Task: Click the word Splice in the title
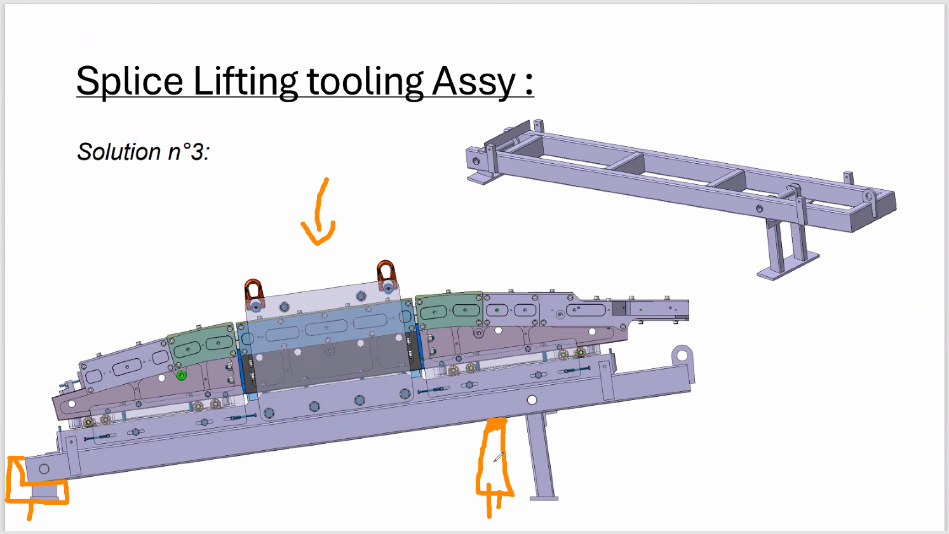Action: pyautogui.click(x=130, y=81)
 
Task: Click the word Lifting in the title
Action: pyautogui.click(x=245, y=81)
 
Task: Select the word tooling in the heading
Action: pyautogui.click(x=365, y=81)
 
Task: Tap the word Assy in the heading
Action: pyautogui.click(x=474, y=81)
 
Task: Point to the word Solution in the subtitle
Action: pyautogui.click(x=119, y=152)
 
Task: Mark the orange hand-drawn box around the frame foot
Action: pyautogui.click(x=37, y=481)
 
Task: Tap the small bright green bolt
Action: pyautogui.click(x=182, y=375)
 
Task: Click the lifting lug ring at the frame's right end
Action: pyautogui.click(x=682, y=354)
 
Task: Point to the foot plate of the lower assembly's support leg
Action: pyautogui.click(x=544, y=498)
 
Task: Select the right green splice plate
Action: pyautogui.click(x=448, y=310)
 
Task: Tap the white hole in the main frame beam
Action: pyautogui.click(x=532, y=399)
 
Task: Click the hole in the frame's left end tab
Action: pyautogui.click(x=44, y=469)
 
